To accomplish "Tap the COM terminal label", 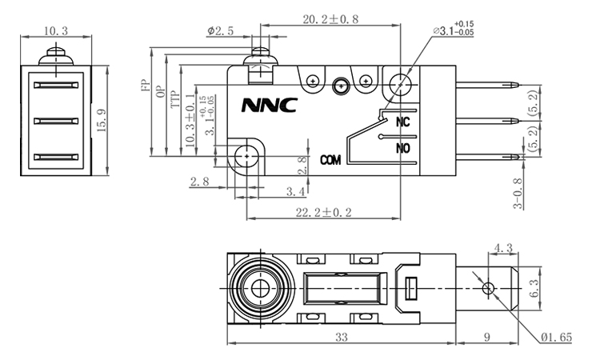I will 331,160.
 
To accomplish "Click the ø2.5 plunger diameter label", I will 219,31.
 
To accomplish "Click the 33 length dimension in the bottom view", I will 341,338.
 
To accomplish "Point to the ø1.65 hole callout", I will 554,338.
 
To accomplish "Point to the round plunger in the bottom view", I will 259,287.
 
